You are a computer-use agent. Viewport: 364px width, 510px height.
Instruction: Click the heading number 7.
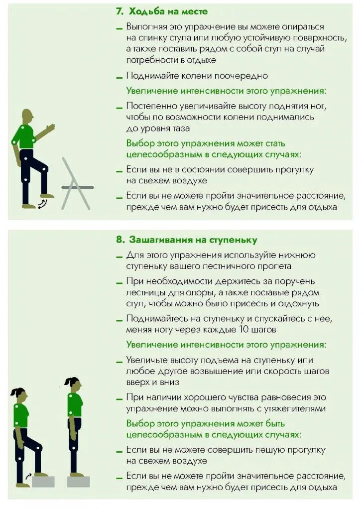click(x=120, y=11)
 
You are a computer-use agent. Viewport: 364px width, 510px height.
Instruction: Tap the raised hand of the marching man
click(x=51, y=127)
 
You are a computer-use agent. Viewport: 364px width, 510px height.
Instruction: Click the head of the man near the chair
click(x=27, y=116)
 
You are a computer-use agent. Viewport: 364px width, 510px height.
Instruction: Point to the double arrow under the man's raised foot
click(x=43, y=202)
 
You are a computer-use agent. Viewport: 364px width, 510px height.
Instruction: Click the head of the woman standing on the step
click(x=73, y=384)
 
